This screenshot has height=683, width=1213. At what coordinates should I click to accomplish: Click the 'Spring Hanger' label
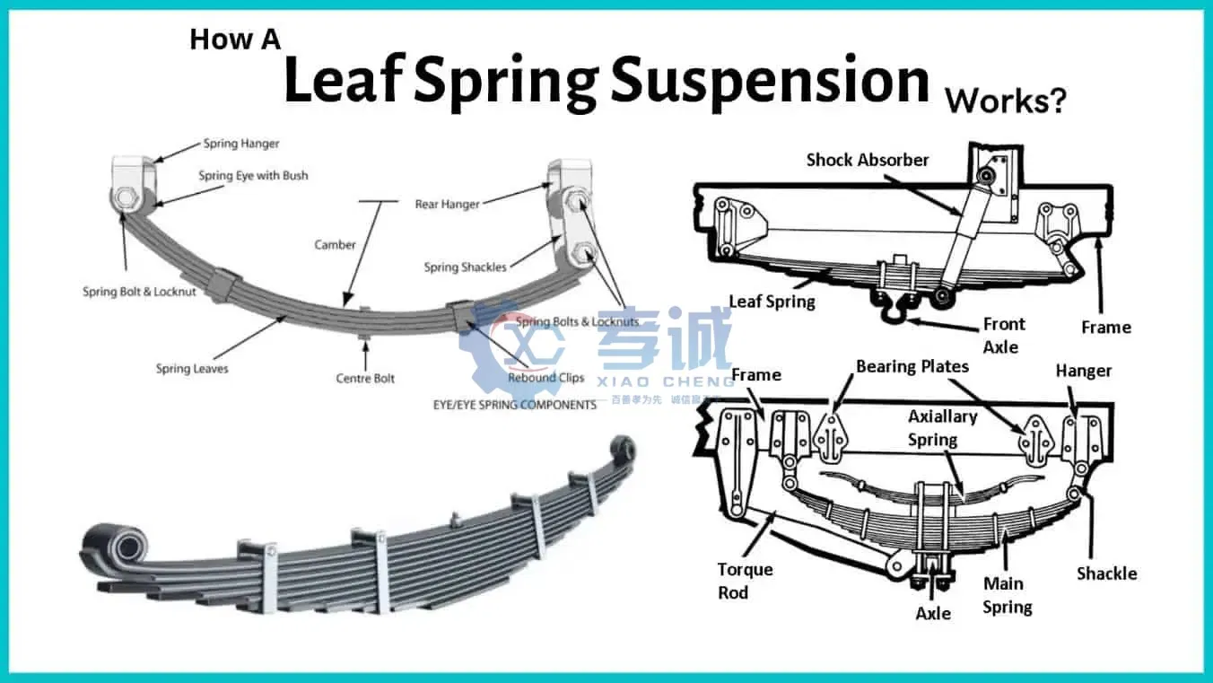click(240, 144)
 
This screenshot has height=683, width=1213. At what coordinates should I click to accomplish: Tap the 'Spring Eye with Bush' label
click(253, 176)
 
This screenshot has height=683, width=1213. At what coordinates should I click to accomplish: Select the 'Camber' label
click(335, 245)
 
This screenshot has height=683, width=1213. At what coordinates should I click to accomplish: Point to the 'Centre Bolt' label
click(365, 379)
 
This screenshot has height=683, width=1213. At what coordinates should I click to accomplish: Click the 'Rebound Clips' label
click(545, 378)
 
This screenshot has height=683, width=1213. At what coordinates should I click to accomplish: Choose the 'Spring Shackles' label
click(465, 267)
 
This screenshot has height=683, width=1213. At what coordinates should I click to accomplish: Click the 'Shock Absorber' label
click(867, 160)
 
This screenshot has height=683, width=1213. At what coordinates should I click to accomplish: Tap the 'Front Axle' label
click(1004, 335)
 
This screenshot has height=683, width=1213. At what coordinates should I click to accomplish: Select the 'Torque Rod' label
click(745, 581)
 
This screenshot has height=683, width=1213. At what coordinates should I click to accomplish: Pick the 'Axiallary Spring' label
click(941, 428)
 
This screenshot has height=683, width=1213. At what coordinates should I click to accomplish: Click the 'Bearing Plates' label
click(912, 366)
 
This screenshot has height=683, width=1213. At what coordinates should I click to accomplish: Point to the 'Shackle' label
click(1106, 574)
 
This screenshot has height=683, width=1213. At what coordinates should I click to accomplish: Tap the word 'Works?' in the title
click(1005, 101)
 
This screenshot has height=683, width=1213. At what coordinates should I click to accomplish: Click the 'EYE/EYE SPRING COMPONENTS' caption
click(514, 405)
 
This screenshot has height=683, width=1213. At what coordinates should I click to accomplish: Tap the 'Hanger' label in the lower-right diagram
click(1083, 371)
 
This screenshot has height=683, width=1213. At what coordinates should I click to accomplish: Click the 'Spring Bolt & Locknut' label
click(139, 292)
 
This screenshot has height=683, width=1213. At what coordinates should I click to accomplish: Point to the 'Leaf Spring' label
click(772, 302)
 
